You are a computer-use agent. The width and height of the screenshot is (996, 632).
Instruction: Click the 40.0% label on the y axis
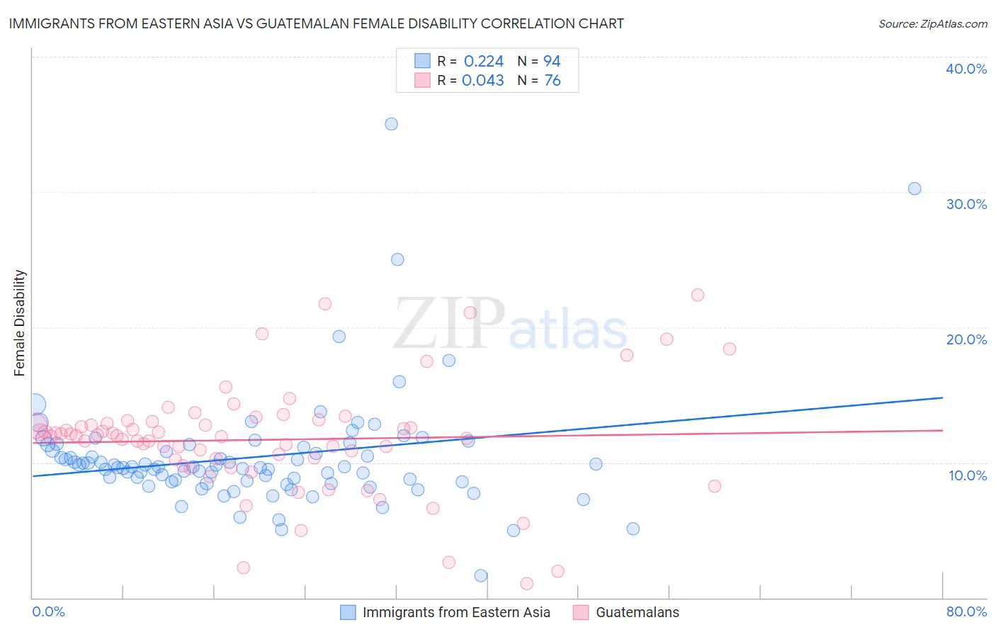(x=966, y=69)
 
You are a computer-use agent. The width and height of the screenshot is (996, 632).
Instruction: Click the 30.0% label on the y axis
(x=966, y=204)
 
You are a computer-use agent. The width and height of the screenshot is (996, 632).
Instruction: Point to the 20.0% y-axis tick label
(x=966, y=339)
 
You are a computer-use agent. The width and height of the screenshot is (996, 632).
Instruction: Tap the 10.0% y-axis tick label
(x=968, y=475)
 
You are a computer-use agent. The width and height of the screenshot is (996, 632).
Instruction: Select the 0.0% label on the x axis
(x=48, y=611)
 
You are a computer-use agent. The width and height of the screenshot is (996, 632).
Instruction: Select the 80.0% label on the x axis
(x=966, y=611)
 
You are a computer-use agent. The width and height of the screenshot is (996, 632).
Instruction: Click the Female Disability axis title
(x=20, y=322)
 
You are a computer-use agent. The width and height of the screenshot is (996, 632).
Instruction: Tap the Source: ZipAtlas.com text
(x=932, y=23)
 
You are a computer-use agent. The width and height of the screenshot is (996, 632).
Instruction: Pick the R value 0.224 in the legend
(x=483, y=61)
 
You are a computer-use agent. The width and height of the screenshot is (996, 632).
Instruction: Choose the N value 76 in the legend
(x=552, y=80)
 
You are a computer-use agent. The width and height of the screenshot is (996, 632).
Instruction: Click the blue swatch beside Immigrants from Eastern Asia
(x=348, y=612)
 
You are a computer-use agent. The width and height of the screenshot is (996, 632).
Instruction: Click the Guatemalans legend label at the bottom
(x=637, y=612)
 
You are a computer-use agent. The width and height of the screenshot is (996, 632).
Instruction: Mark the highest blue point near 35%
(x=391, y=124)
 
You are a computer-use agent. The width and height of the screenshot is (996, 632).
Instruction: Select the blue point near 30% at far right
(x=915, y=188)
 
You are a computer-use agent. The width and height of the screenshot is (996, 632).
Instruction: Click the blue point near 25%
(x=397, y=259)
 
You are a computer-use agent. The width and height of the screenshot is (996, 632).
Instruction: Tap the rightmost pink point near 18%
(x=730, y=349)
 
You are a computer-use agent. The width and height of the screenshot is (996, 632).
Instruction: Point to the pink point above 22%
(x=698, y=295)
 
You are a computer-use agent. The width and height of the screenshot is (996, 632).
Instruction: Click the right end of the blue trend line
(x=942, y=398)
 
